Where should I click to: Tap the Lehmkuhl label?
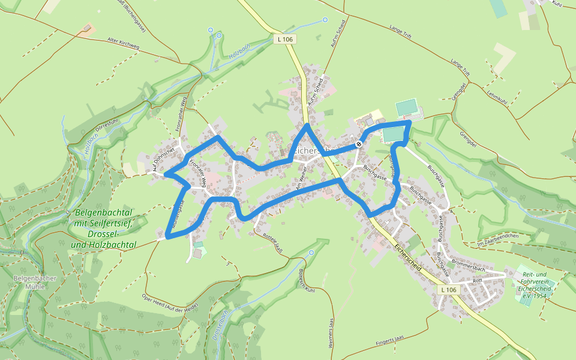[x=498, y=98]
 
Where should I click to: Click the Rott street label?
[x=478, y=280]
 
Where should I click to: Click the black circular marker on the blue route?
[x=358, y=143]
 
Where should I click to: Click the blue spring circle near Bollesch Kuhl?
[x=311, y=253]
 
